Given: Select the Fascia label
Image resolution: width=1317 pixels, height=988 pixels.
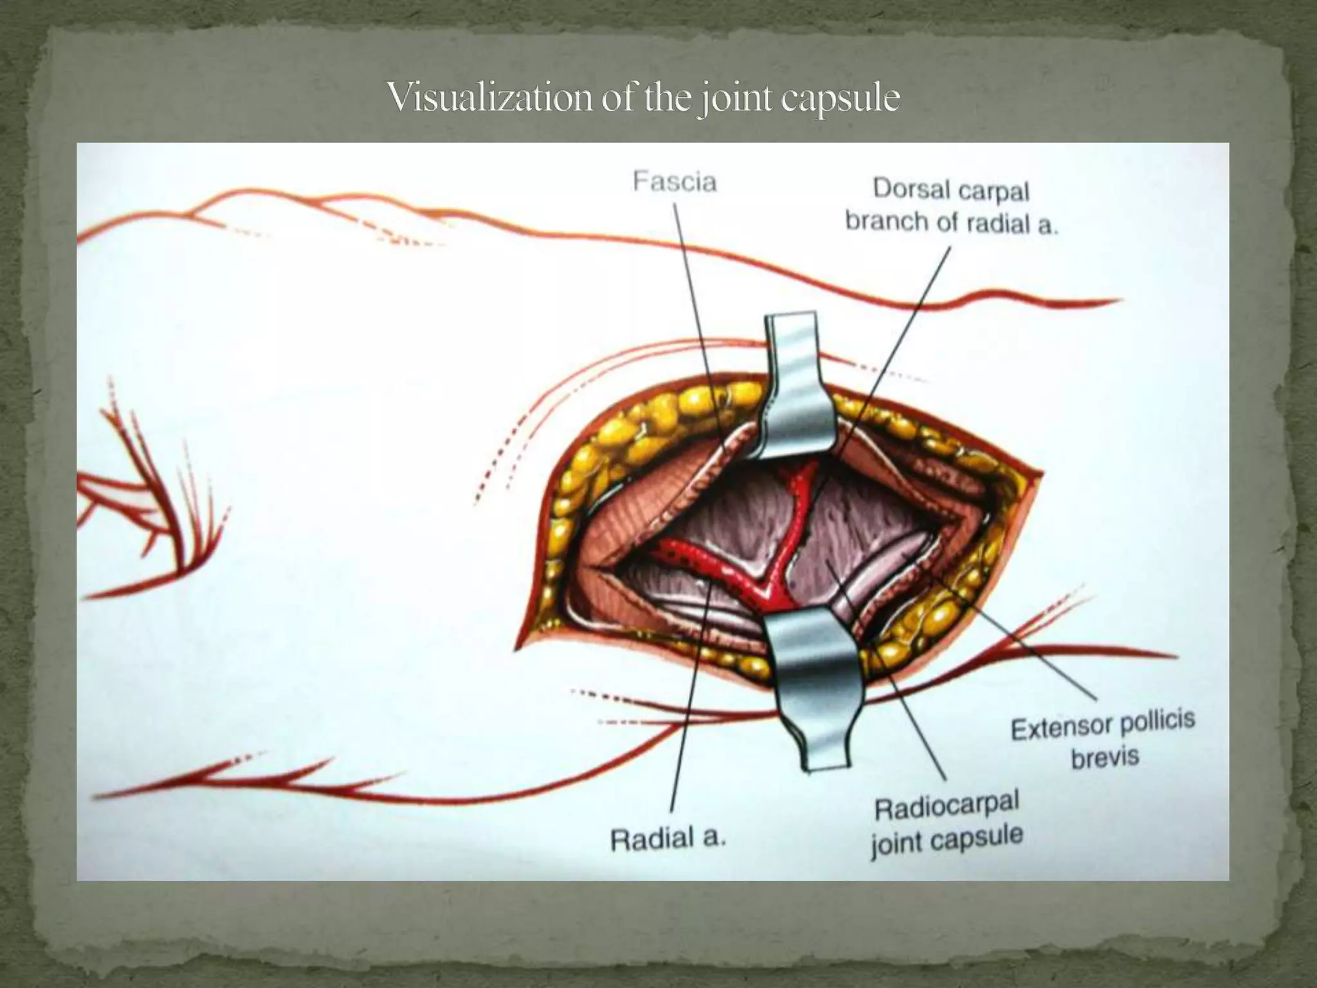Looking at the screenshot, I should (x=675, y=182).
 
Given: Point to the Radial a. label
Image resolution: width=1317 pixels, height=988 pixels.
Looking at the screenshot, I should (x=668, y=839).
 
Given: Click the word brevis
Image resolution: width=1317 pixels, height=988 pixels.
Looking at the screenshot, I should (x=1105, y=756).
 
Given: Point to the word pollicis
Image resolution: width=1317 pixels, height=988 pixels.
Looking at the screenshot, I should (x=1158, y=720).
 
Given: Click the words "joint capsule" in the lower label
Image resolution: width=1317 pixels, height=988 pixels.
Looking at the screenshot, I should (x=947, y=840).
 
